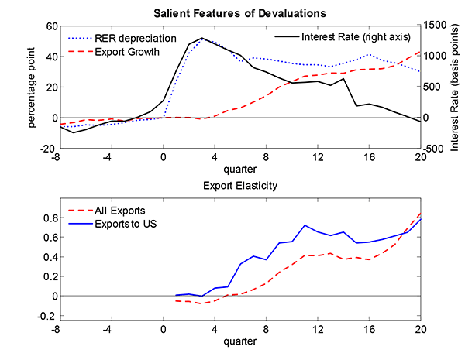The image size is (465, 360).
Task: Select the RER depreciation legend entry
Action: (x=136, y=38)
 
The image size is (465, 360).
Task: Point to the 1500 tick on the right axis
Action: (x=436, y=26)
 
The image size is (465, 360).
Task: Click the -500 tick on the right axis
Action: (x=435, y=148)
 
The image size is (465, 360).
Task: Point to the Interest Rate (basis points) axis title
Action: (x=457, y=87)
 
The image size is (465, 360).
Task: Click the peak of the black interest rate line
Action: (x=201, y=38)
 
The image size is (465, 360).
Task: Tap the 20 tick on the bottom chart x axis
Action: (x=419, y=328)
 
